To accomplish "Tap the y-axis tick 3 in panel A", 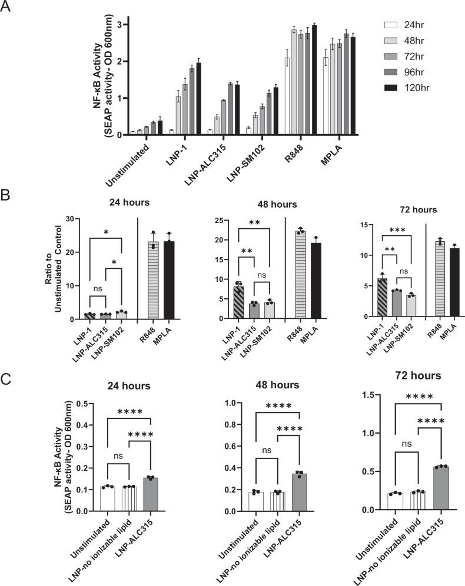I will point(120,24).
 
